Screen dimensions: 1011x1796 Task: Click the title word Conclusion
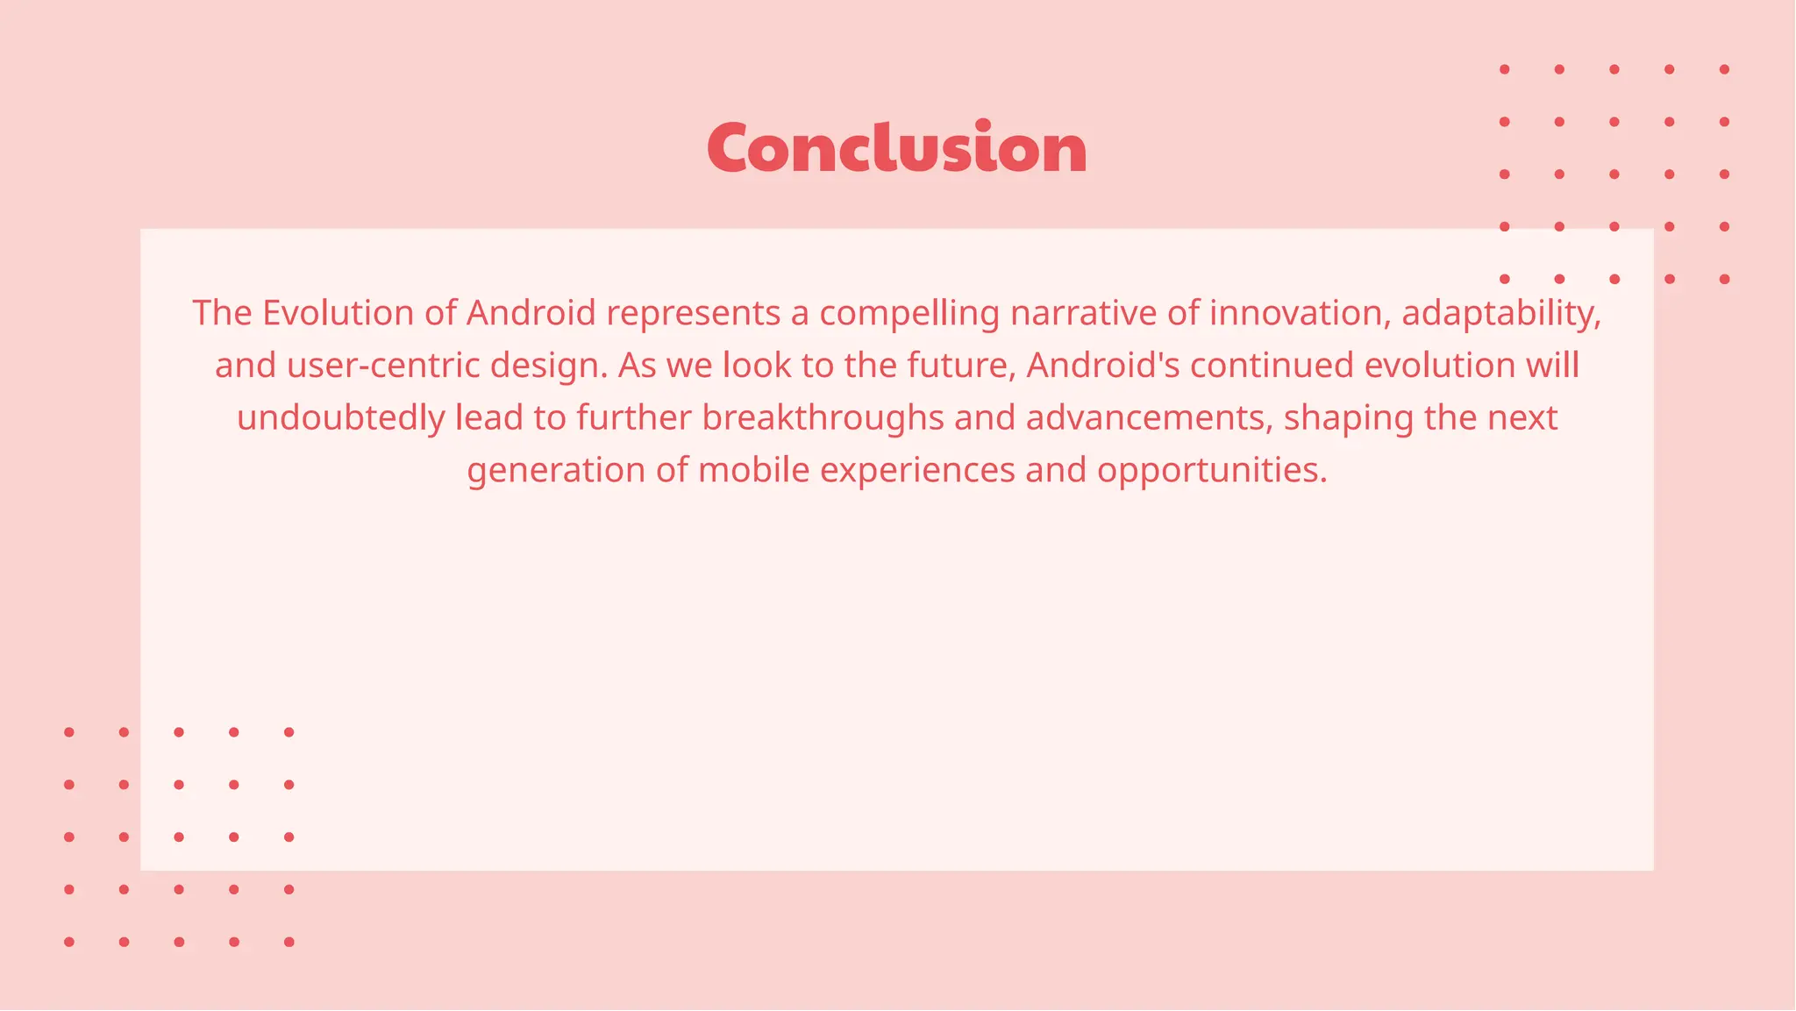click(896, 147)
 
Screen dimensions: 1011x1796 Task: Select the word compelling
click(909, 313)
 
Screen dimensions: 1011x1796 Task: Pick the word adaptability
click(1501, 313)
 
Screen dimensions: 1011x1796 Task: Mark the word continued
click(1272, 366)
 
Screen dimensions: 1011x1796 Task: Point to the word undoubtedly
click(341, 418)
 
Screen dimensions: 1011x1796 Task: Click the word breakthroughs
click(823, 418)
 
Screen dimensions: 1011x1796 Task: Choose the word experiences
click(917, 471)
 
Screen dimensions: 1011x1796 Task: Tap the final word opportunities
click(1212, 471)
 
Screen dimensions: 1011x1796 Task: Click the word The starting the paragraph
click(222, 313)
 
